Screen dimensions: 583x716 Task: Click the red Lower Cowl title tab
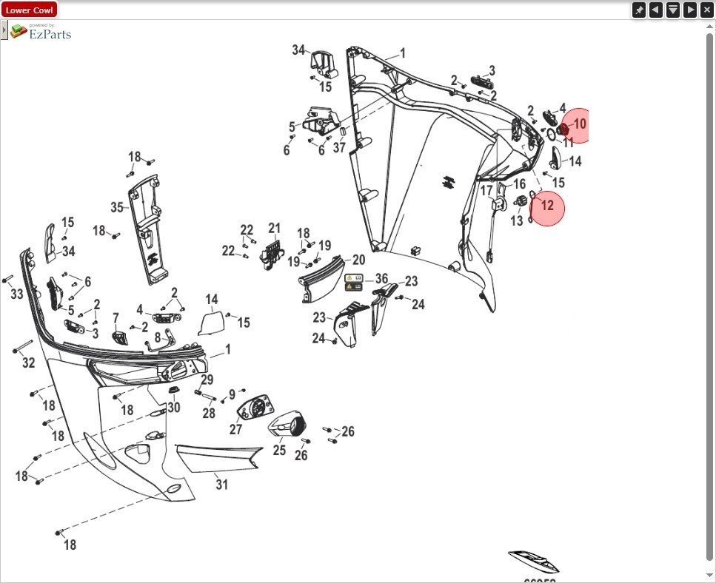click(29, 10)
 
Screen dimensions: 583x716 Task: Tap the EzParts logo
click(41, 32)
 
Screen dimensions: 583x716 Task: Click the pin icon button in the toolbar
click(639, 10)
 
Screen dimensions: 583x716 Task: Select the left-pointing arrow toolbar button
click(656, 10)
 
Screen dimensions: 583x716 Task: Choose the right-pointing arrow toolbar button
click(690, 10)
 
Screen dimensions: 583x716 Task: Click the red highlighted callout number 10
click(579, 124)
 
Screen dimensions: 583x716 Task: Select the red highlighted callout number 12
click(547, 206)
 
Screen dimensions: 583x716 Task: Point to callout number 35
click(117, 207)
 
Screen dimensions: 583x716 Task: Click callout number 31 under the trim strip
click(221, 485)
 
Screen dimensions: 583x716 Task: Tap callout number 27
click(235, 430)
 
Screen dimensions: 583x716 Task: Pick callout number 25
click(279, 450)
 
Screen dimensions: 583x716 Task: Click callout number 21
click(275, 228)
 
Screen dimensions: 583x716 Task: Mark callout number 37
click(339, 148)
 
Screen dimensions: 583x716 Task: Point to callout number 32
click(29, 363)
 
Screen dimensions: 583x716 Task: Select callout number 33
click(17, 294)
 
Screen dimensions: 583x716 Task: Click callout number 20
click(358, 260)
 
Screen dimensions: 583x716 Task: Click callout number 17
click(486, 191)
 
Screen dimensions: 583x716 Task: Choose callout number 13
click(516, 221)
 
